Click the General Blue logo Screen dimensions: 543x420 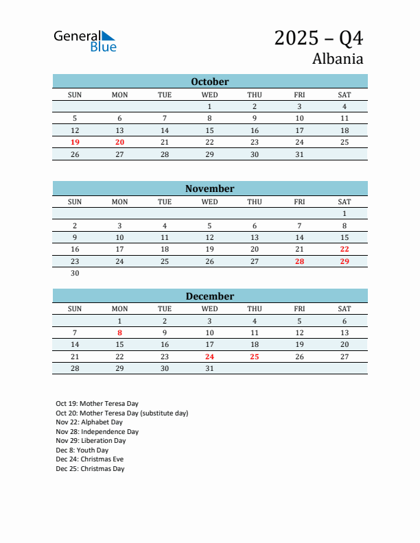85,41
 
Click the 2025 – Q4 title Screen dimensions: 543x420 318,38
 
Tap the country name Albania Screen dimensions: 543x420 338,58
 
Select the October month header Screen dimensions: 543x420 209,82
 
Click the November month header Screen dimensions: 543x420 209,189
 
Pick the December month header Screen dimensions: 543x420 209,296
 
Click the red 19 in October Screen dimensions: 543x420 75,142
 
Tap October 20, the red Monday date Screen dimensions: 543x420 119,142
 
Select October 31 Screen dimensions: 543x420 299,154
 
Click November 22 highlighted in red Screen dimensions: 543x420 345,249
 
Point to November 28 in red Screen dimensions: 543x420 299,261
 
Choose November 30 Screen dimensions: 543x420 75,273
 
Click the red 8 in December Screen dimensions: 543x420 119,333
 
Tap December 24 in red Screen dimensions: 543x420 209,357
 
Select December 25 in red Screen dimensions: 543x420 255,357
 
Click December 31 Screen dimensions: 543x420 209,368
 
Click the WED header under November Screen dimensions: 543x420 209,202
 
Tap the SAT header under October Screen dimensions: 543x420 345,95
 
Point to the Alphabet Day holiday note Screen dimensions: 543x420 89,422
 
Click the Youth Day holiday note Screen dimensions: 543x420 82,450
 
